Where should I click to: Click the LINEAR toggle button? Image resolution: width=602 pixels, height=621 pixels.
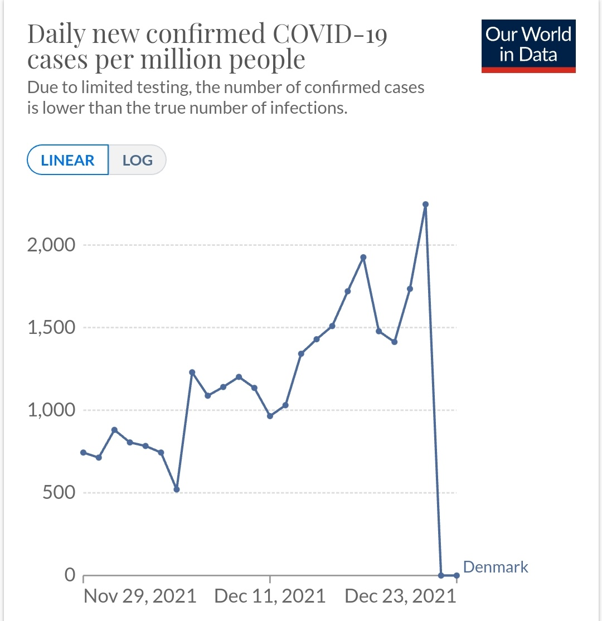[x=67, y=161]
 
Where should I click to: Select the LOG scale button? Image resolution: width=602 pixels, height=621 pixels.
[x=137, y=161]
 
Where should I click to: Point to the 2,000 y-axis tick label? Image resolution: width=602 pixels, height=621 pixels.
[x=51, y=245]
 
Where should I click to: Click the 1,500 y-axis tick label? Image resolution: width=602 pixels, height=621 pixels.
[x=51, y=327]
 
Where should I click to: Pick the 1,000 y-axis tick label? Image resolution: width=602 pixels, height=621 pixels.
[x=51, y=410]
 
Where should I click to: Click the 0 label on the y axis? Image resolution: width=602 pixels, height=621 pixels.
[x=70, y=575]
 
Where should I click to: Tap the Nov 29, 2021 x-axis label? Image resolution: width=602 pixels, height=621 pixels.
[x=140, y=596]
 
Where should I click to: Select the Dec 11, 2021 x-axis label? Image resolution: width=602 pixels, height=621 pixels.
[x=270, y=596]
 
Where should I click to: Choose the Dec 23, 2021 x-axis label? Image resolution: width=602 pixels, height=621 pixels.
[x=400, y=596]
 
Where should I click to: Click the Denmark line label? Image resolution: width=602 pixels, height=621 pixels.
[x=496, y=567]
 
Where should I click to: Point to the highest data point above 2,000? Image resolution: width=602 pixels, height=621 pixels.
[x=425, y=205]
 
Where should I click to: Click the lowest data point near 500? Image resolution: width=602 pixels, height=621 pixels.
[x=177, y=489]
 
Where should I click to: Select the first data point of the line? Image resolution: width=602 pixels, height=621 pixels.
[x=83, y=452]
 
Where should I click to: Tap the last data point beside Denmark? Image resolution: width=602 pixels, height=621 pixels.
[x=457, y=575]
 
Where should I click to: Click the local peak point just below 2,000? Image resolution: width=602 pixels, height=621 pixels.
[x=363, y=258]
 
